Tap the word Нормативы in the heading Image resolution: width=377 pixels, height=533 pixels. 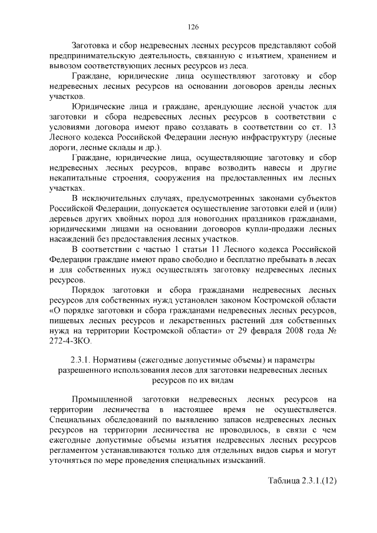pos(118,360)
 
